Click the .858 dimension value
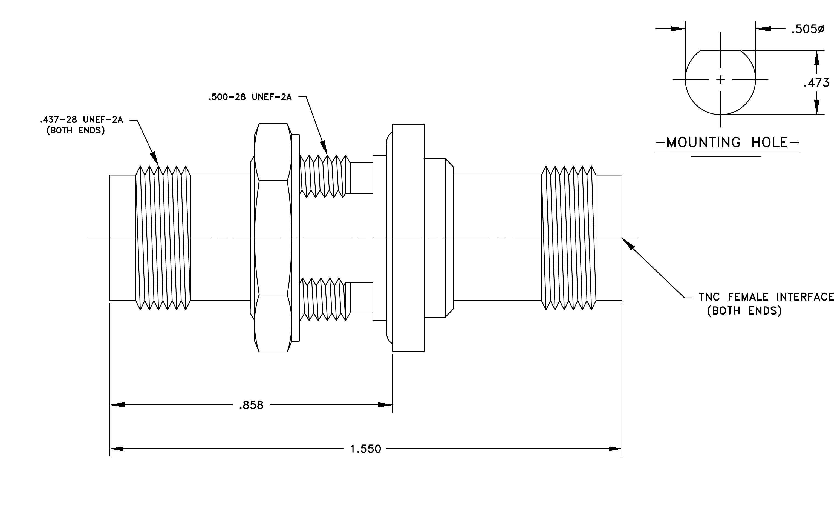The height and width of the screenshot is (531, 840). (x=251, y=405)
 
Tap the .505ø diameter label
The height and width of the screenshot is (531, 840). (x=807, y=29)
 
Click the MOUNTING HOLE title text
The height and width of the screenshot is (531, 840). (x=727, y=142)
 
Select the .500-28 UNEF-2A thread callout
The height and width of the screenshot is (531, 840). (x=250, y=97)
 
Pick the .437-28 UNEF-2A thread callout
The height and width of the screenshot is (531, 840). (x=81, y=120)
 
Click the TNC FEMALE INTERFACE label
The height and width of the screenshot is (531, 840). (x=766, y=297)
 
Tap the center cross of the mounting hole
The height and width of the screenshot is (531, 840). (x=721, y=80)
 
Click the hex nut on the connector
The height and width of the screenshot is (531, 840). (x=273, y=238)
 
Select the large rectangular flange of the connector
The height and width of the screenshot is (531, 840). (x=408, y=238)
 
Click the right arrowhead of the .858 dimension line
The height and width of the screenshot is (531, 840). (x=392, y=405)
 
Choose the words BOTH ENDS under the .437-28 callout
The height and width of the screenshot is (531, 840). (x=76, y=131)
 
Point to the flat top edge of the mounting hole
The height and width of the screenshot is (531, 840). (x=721, y=50)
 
